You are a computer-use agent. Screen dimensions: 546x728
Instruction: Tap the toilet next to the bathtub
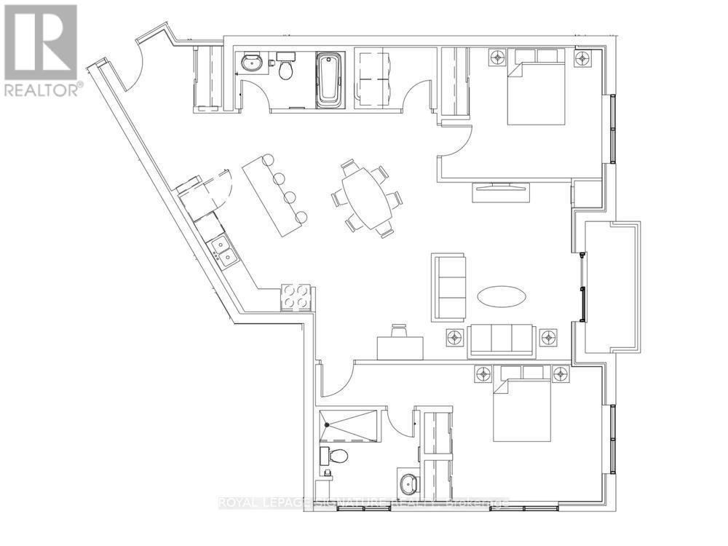(286, 68)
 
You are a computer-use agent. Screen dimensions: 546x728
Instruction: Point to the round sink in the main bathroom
(253, 63)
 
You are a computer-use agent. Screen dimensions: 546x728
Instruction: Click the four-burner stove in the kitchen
(297, 297)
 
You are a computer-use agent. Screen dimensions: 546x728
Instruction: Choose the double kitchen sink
(224, 252)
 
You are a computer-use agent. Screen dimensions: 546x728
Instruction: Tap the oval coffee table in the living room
(502, 296)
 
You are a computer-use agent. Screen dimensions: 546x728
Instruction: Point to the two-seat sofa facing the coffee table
(448, 287)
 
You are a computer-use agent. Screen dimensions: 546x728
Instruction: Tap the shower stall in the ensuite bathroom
(350, 426)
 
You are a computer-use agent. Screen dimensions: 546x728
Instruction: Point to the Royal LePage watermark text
(364, 502)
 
